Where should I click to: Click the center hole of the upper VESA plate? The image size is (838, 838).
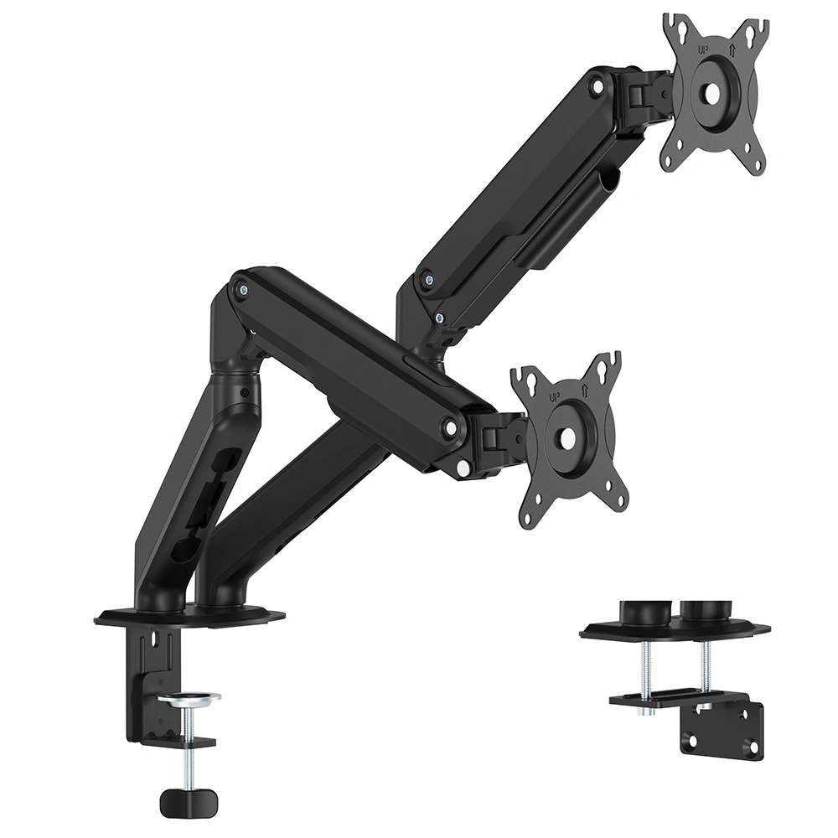(x=713, y=94)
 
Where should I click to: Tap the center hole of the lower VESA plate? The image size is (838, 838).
(x=567, y=441)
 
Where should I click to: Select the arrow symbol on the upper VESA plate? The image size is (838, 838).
(x=732, y=49)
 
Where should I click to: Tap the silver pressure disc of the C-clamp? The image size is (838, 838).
(x=189, y=699)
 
